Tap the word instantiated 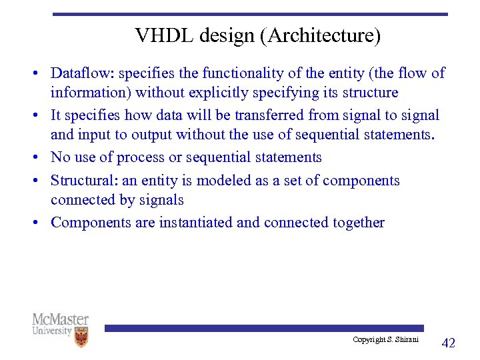pyautogui.click(x=195, y=223)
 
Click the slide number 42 pyautogui.click(x=449, y=343)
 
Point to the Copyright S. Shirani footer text pyautogui.click(x=385, y=340)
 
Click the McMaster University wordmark pyautogui.click(x=60, y=324)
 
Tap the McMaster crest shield pyautogui.click(x=81, y=337)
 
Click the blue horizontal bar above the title pyautogui.click(x=250, y=13)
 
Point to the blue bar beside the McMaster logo pyautogui.click(x=263, y=328)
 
